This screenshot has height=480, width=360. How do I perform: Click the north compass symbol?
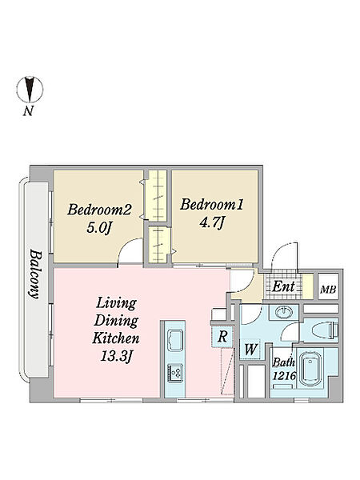pyautogui.click(x=30, y=89)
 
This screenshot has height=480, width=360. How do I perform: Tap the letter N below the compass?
pyautogui.click(x=28, y=110)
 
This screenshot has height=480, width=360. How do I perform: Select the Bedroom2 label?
pyautogui.click(x=99, y=210)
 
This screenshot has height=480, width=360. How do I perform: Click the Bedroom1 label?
pyautogui.click(x=211, y=205)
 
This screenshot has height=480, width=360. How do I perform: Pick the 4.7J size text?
pyautogui.click(x=211, y=222)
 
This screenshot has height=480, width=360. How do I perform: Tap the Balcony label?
pyautogui.click(x=36, y=274)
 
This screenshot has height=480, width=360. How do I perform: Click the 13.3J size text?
pyautogui.click(x=116, y=356)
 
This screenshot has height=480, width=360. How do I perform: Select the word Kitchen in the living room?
pyautogui.click(x=116, y=338)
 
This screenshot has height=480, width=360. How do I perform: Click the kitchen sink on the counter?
pyautogui.click(x=174, y=338)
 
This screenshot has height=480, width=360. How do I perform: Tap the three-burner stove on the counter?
pyautogui.click(x=174, y=373)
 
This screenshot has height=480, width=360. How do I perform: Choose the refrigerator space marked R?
pyautogui.click(x=222, y=337)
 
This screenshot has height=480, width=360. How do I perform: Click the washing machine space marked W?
pyautogui.click(x=250, y=349)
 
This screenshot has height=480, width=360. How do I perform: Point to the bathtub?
pyautogui.click(x=310, y=369)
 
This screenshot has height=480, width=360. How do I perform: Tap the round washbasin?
pyautogui.click(x=284, y=313)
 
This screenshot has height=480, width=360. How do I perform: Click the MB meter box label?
pyautogui.click(x=328, y=290)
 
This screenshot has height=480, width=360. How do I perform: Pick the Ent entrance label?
pyautogui.click(x=283, y=287)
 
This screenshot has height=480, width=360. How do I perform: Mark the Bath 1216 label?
pyautogui.click(x=284, y=369)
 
